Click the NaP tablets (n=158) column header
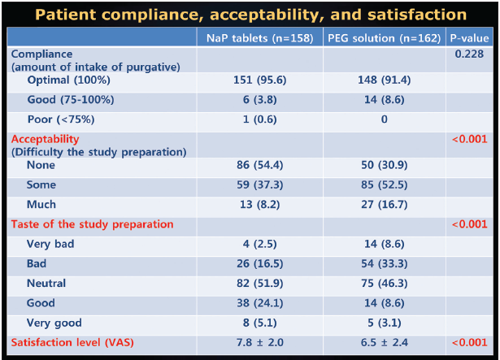click(x=259, y=37)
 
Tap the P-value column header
click(x=471, y=37)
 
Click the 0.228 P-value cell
click(x=471, y=54)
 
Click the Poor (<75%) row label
click(x=61, y=119)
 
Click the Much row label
click(x=41, y=204)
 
